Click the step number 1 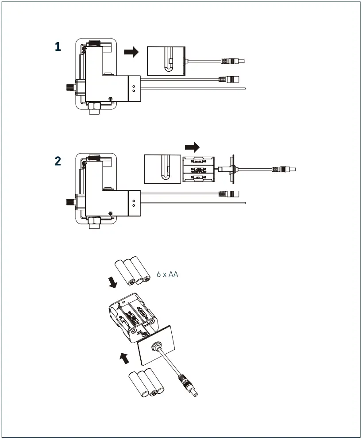(58, 47)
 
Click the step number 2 (58, 161)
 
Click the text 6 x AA (167, 274)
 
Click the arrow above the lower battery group (125, 358)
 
